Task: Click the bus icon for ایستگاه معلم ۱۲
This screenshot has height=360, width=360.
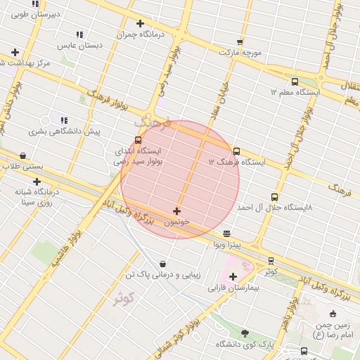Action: point(295,81)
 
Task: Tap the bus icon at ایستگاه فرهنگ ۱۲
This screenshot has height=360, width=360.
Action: point(236,151)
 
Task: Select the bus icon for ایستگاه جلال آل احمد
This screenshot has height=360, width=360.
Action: point(274,198)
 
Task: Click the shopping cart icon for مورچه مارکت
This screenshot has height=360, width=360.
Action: point(240,41)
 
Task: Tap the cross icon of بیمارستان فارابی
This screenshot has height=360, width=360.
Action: point(233,276)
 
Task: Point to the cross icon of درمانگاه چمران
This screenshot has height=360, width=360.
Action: point(141,23)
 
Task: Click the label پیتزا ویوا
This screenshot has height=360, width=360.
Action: point(228,244)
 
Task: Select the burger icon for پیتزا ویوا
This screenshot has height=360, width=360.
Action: point(226,233)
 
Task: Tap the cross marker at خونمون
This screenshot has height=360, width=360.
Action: point(176,211)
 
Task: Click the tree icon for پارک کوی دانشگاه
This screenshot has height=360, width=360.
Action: point(245,333)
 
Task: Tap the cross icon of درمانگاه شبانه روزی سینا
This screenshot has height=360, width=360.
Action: point(37,182)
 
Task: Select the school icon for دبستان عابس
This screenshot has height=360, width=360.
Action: point(79,34)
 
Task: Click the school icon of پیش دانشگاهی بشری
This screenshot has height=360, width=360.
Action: point(64,121)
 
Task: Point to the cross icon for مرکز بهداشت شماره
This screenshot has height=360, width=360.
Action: point(15,52)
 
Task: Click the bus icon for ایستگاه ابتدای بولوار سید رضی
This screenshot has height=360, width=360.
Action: point(138,140)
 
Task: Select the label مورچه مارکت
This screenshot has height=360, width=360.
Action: point(240,53)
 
